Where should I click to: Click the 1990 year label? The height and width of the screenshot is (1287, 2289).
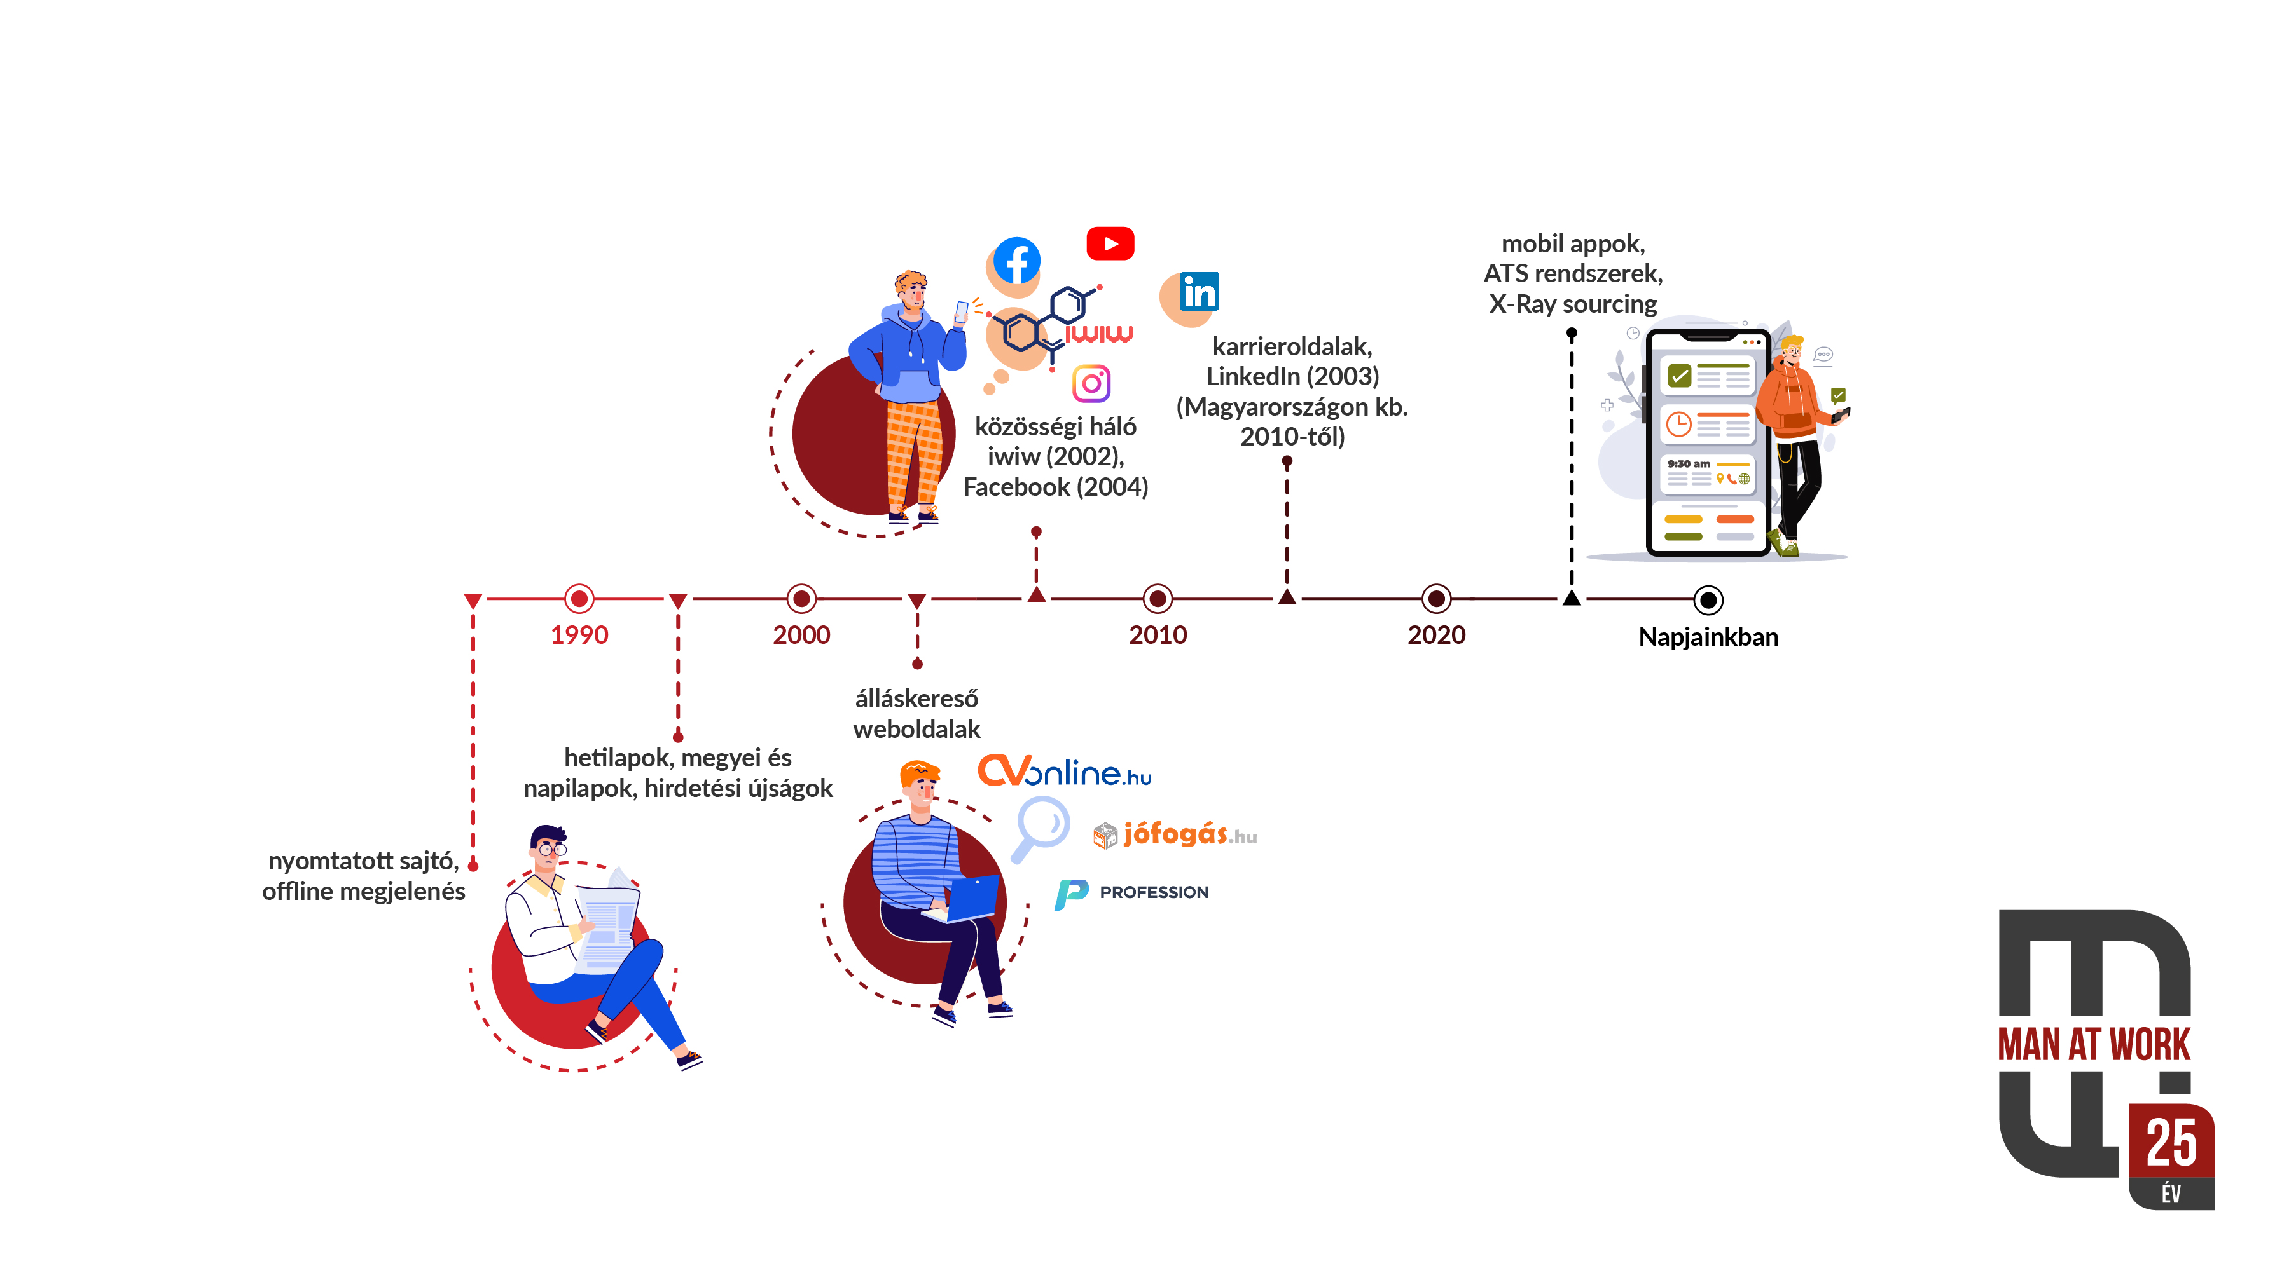[x=579, y=635]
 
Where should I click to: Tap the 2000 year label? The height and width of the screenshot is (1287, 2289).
[x=801, y=635]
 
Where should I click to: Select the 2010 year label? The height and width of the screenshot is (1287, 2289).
[x=1158, y=635]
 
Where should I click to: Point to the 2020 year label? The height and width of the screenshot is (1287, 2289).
[x=1436, y=635]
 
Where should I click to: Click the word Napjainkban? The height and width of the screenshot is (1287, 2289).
[x=1708, y=637]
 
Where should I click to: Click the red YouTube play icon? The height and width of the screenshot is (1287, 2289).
[x=1110, y=243]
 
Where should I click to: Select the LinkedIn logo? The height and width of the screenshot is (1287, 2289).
[x=1199, y=292]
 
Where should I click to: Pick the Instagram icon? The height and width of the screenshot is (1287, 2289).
[x=1091, y=384]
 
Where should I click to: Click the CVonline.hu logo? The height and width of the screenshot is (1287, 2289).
[x=1065, y=772]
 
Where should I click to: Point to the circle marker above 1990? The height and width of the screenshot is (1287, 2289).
[x=579, y=599]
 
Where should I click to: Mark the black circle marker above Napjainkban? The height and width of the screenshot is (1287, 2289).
[x=1708, y=601]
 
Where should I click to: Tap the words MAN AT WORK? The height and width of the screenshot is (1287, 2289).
[x=2094, y=1044]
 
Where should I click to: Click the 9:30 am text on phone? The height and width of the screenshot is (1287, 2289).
[x=1689, y=464]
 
